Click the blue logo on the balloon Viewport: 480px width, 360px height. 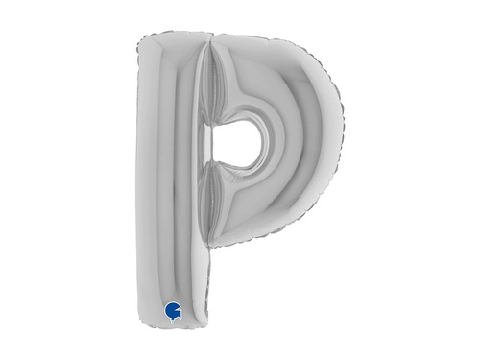click(x=172, y=309)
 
